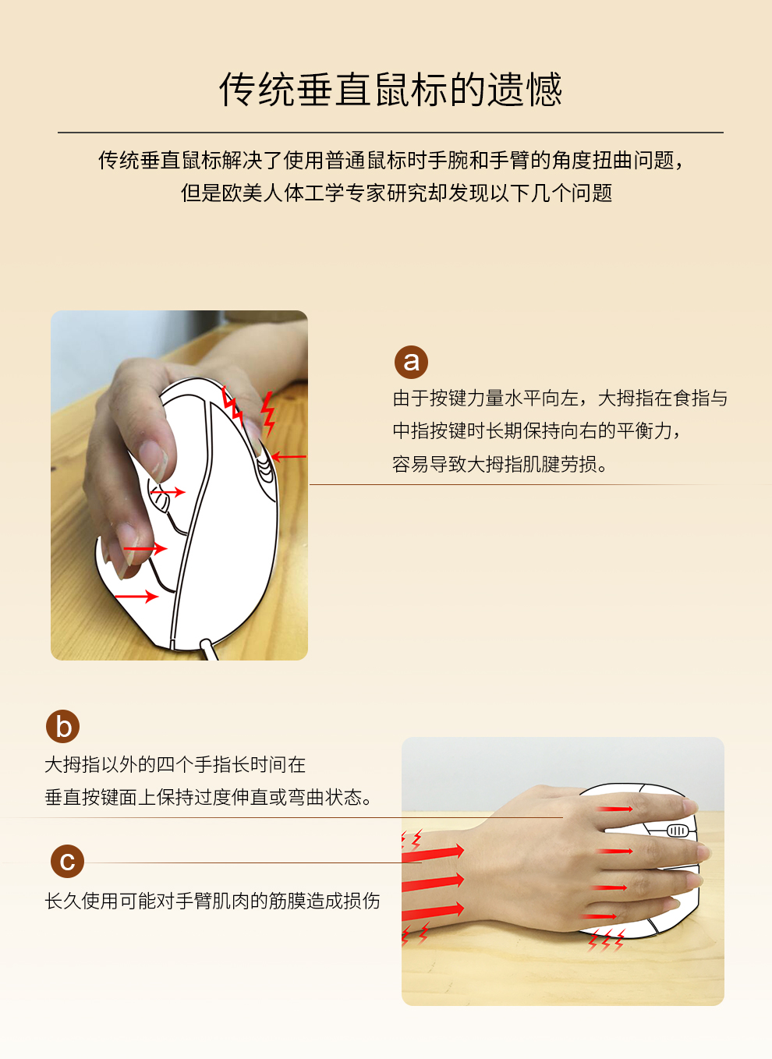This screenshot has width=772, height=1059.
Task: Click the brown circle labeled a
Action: [411, 362]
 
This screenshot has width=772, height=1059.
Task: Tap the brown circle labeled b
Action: [62, 726]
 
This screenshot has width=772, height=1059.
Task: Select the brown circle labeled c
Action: [67, 861]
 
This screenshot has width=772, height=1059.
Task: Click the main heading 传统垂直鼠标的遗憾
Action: [391, 90]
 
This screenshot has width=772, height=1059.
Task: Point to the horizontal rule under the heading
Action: [391, 133]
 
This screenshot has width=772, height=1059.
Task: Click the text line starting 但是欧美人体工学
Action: [397, 193]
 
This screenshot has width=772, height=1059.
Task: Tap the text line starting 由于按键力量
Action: [560, 398]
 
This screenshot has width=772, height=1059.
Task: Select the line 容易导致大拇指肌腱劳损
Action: [499, 464]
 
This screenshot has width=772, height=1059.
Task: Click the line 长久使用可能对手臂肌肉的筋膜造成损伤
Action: [212, 901]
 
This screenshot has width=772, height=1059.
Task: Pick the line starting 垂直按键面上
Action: [208, 798]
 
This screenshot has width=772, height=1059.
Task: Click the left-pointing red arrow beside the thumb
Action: [289, 457]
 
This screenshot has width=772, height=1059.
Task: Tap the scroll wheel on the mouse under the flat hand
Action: [677, 831]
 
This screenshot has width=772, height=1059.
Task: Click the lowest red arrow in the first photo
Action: [136, 597]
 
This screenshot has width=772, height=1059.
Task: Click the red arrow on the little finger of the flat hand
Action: [599, 916]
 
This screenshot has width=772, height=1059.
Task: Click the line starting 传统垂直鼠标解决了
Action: [391, 161]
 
